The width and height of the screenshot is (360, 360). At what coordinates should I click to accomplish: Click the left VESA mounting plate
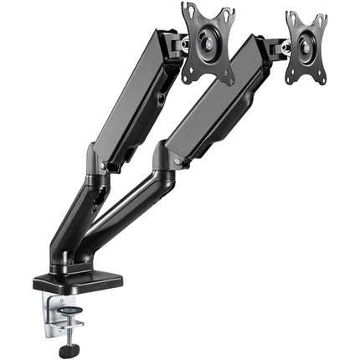[x=209, y=44]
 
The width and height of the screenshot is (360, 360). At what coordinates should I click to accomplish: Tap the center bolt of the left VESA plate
[x=208, y=44]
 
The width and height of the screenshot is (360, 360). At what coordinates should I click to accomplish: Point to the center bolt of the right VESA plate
[x=307, y=48]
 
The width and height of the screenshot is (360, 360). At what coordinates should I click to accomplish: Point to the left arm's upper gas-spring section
[x=134, y=100]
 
